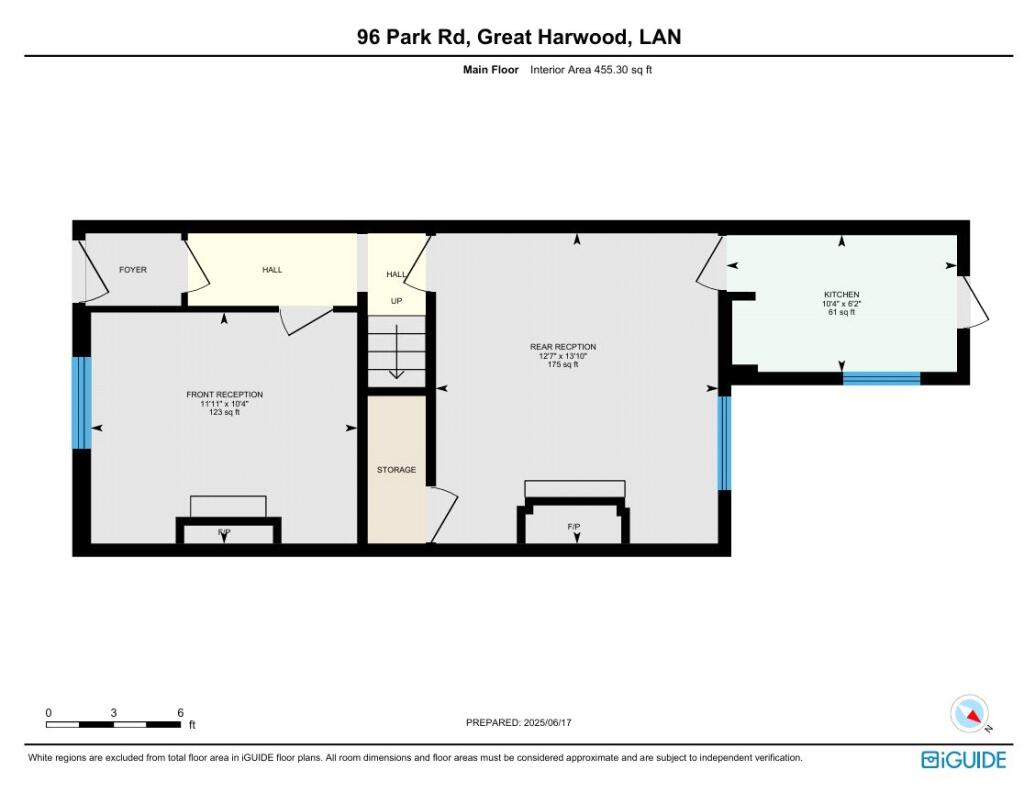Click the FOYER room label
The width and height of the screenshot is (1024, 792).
pyautogui.click(x=133, y=270)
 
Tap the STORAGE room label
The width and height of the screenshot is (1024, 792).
pyautogui.click(x=396, y=469)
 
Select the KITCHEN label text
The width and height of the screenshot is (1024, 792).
pyautogui.click(x=841, y=294)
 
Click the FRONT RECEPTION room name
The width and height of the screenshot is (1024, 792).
pyautogui.click(x=225, y=394)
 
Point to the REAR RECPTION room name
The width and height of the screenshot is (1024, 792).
pyautogui.click(x=563, y=347)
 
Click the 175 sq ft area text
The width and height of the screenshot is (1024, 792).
pyautogui.click(x=563, y=364)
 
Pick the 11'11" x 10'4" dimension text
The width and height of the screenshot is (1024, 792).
pyautogui.click(x=225, y=404)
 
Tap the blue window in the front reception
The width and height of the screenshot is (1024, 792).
pyautogui.click(x=82, y=403)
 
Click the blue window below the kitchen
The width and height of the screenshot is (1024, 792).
pyautogui.click(x=882, y=379)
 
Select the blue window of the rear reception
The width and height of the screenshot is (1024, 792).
pyautogui.click(x=724, y=443)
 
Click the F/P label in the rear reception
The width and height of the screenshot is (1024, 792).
pyautogui.click(x=574, y=526)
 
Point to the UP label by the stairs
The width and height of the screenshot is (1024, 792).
pyautogui.click(x=396, y=301)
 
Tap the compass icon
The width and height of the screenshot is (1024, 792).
pyautogui.click(x=970, y=714)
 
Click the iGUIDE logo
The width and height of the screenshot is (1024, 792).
pyautogui.click(x=964, y=760)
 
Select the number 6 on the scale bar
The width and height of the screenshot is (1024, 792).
pyautogui.click(x=180, y=713)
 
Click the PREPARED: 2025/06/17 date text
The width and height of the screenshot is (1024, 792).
pyautogui.click(x=519, y=722)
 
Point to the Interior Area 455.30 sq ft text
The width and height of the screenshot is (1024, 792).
pyautogui.click(x=591, y=70)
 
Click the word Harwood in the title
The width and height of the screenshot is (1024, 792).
pyautogui.click(x=586, y=37)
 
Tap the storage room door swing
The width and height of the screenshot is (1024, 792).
pyautogui.click(x=443, y=514)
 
